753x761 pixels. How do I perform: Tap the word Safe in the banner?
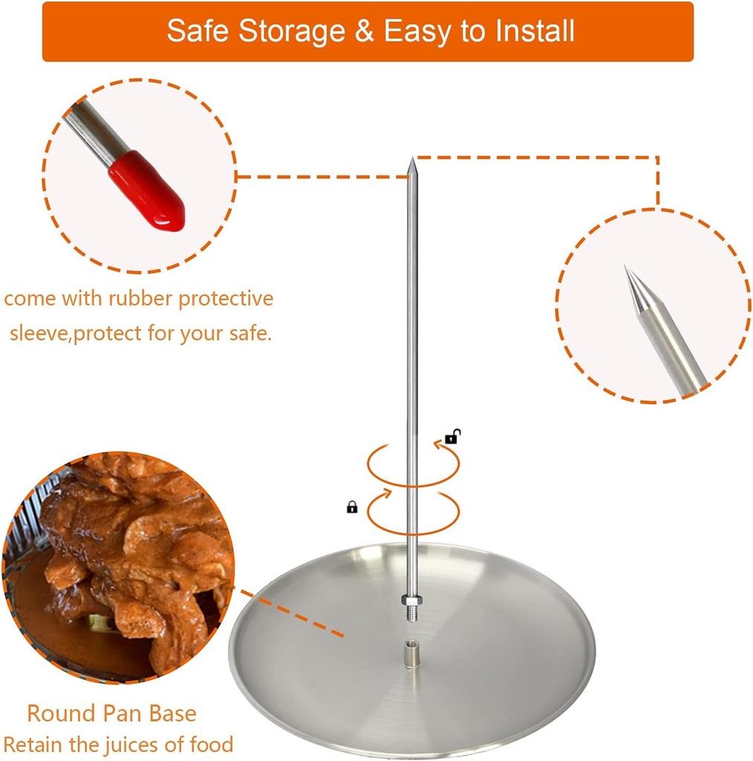click(x=194, y=31)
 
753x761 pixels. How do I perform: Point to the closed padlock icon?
click(x=352, y=507)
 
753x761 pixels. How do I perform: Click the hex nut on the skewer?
click(x=409, y=599)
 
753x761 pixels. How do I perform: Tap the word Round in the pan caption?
click(x=59, y=714)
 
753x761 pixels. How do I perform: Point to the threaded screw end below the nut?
click(x=409, y=613)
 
